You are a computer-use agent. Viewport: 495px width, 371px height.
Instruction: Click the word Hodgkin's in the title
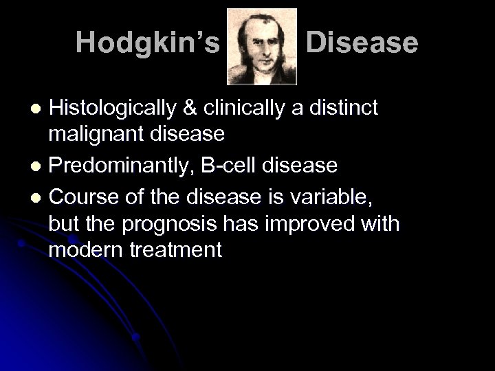pos(148,43)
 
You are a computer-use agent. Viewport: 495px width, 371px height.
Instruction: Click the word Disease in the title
pos(362,43)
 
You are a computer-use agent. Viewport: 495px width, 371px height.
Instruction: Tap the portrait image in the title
pos(262,46)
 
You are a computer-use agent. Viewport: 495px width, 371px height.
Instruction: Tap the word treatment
pos(180,249)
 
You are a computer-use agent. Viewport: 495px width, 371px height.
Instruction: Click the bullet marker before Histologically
pos(39,109)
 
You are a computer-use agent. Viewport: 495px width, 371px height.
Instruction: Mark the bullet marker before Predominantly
pos(39,166)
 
